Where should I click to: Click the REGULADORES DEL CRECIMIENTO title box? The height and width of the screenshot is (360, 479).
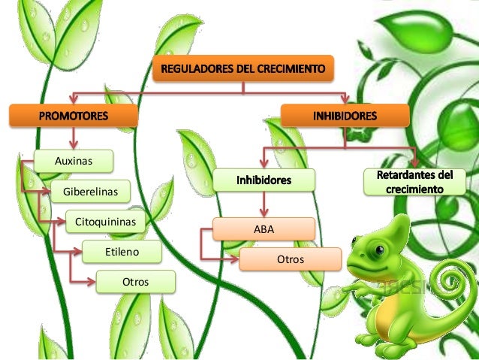coord(242,71)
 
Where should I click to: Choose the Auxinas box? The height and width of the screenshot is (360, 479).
coord(74,160)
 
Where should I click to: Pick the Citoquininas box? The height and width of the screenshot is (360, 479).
coord(105,222)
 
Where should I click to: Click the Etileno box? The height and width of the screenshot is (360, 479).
coord(122,252)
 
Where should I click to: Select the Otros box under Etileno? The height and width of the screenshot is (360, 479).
coord(135,282)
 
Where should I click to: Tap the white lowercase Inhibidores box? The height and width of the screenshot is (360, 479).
coord(263,181)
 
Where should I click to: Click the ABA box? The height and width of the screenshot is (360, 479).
coord(264,228)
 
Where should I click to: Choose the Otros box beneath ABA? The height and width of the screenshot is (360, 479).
coord(290,259)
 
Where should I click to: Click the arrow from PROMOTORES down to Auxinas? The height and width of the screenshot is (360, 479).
coord(74,138)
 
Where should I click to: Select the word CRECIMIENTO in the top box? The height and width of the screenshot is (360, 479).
coord(288,71)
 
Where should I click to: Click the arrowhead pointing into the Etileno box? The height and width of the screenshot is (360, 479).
coord(79,252)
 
